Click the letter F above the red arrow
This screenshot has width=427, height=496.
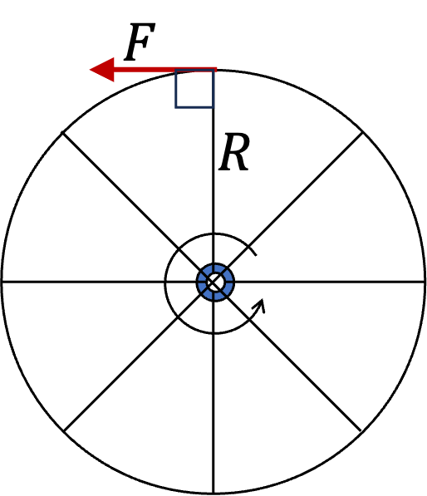point(140,42)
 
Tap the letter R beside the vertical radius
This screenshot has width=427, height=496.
point(234,152)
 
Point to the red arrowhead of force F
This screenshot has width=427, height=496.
point(102,70)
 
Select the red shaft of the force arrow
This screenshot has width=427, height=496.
point(165,70)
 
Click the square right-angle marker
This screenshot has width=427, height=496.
point(194,89)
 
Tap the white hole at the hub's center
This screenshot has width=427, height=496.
point(215,282)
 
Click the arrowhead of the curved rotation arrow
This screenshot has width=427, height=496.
point(259,305)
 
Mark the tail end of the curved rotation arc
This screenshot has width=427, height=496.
point(256,254)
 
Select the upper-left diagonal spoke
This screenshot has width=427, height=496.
point(132,203)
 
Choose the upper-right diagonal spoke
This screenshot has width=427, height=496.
point(296,199)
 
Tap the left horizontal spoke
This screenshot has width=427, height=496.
point(99,281)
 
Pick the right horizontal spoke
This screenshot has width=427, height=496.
point(330,281)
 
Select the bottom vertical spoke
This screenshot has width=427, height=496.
point(213,396)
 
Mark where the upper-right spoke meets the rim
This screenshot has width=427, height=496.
point(363,132)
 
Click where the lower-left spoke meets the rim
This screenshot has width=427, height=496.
point(64,430)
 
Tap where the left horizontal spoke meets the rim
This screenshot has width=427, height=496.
point(2,281)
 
